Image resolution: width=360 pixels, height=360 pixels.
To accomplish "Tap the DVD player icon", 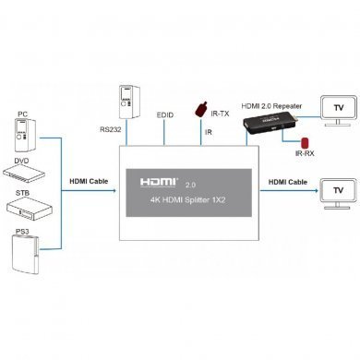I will pos(26,173).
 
